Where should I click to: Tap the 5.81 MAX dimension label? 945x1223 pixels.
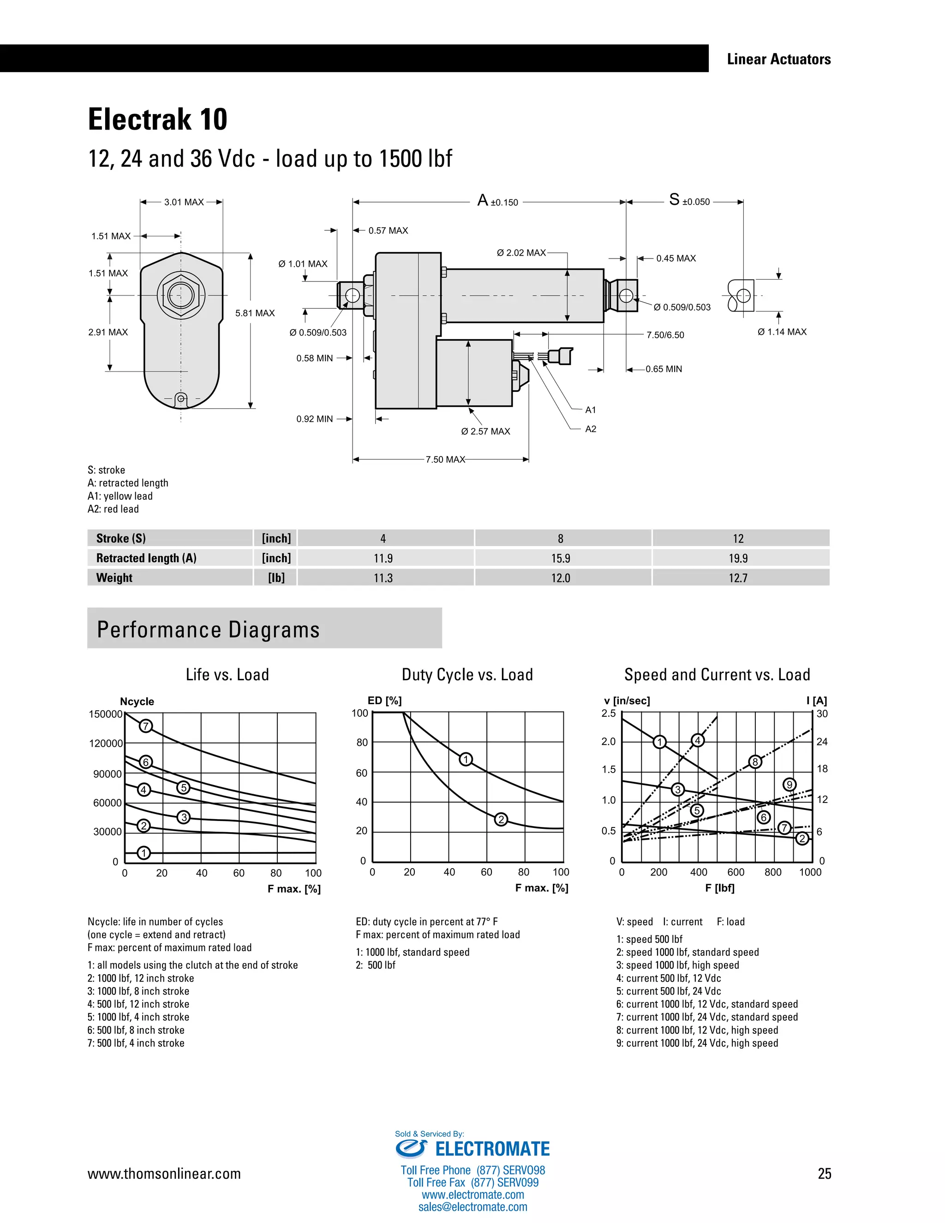pos(255,313)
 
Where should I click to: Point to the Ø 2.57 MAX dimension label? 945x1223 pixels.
pos(485,431)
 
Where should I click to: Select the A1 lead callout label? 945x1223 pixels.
pos(591,410)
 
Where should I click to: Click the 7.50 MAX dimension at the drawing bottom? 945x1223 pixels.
pos(445,460)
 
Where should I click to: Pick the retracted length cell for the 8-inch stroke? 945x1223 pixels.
pos(560,558)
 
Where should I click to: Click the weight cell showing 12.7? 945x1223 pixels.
pos(738,578)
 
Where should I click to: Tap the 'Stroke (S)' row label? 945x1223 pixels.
pos(121,538)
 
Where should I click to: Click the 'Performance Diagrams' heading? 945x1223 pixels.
pos(208,629)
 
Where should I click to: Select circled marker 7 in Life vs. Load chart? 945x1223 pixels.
pos(145,726)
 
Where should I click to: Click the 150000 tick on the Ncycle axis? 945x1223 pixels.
pos(105,714)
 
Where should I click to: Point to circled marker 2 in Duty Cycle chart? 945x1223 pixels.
pos(501,820)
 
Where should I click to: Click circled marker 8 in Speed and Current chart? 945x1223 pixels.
pos(755,761)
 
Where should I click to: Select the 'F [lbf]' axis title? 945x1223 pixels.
pos(720,887)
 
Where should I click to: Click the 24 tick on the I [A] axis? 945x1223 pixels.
pos(822,742)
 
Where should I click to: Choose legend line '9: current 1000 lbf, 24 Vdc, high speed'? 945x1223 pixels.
pos(697,1043)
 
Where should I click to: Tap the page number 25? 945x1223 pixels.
pos(824,1174)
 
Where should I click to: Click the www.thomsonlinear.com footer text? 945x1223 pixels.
pos(164,1174)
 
